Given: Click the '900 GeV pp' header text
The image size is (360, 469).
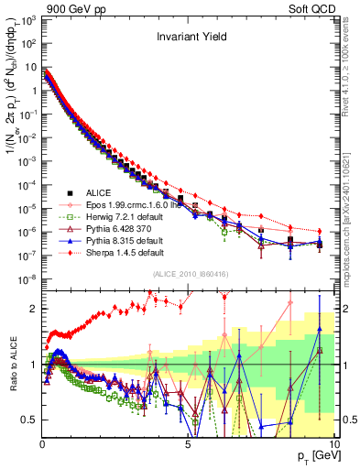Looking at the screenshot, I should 73,8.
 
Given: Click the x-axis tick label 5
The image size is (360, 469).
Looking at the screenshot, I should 188,442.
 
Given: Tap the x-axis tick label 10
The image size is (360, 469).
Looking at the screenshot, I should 333,442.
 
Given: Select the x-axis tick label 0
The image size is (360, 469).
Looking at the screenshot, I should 43,442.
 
